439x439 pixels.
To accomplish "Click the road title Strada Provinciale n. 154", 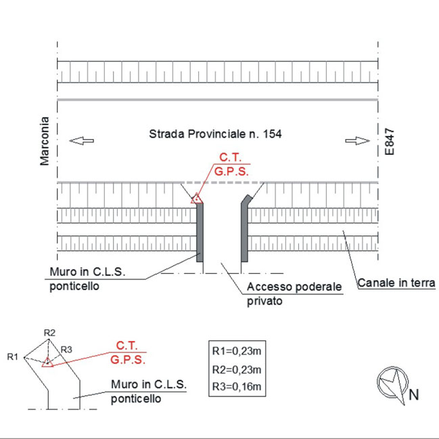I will [215, 134].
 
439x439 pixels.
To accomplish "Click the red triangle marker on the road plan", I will [196, 199].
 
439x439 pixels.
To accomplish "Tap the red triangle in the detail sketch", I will [47, 362].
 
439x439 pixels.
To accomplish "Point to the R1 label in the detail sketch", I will [13, 356].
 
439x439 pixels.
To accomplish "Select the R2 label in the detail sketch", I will [49, 333].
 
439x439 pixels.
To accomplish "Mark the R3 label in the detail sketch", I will [66, 350].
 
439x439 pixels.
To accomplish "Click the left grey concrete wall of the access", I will [200, 232].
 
